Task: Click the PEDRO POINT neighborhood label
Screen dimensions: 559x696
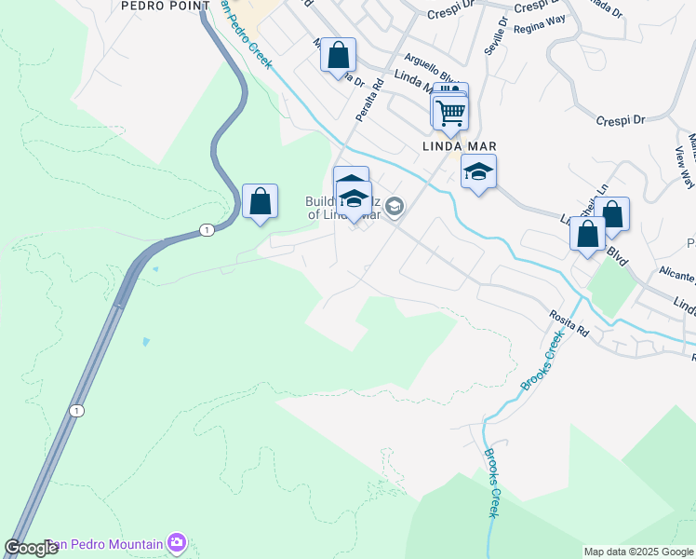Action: pos(162,5)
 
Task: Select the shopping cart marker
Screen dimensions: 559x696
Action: pos(451,113)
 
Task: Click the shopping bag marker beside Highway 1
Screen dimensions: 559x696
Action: pos(260,201)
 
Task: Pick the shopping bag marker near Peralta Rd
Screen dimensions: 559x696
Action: pos(338,55)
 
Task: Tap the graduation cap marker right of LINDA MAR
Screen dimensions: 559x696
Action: pos(478,172)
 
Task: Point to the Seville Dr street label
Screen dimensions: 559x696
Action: pos(501,35)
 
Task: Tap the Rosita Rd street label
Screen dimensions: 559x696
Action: pos(570,325)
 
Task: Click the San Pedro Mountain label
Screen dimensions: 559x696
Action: pos(102,544)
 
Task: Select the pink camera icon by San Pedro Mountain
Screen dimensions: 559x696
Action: pos(177,542)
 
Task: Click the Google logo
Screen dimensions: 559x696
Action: pos(32,548)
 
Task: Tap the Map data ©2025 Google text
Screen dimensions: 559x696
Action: pos(638,552)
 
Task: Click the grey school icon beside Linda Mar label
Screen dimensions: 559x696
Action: pos(395,207)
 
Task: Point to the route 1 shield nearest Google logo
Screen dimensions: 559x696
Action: pos(74,410)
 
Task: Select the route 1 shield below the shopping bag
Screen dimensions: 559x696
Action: pos(204,229)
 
